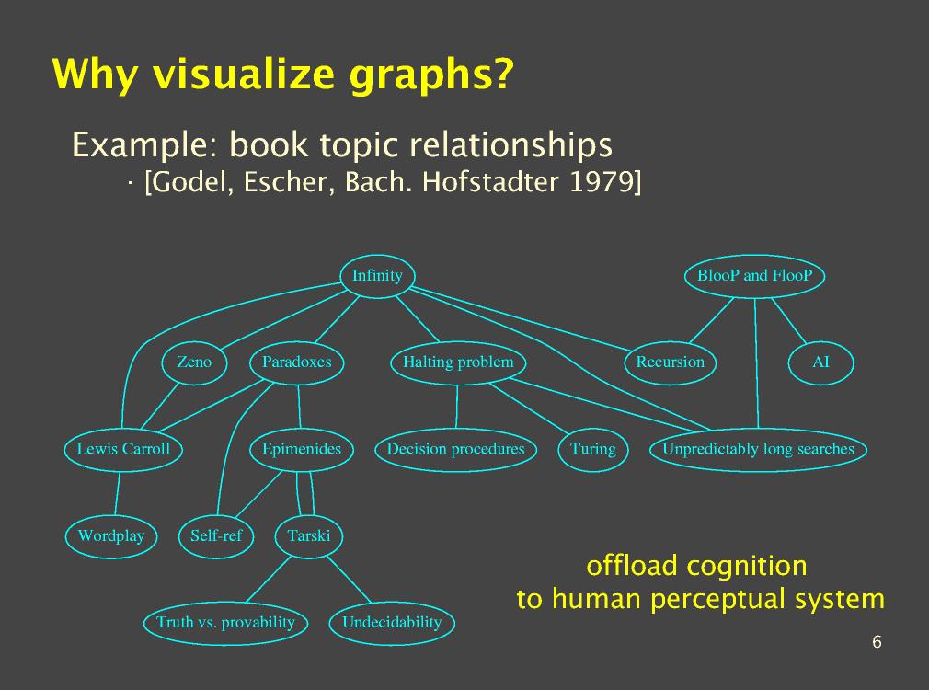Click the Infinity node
pyautogui.click(x=377, y=275)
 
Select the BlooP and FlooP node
pyautogui.click(x=754, y=275)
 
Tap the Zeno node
pyautogui.click(x=193, y=362)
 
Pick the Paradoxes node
pyautogui.click(x=296, y=362)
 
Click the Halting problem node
pyautogui.click(x=458, y=362)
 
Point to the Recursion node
pyautogui.click(x=670, y=362)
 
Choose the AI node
pyautogui.click(x=820, y=362)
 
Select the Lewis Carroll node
pyautogui.click(x=123, y=449)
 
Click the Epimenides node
pyautogui.click(x=301, y=449)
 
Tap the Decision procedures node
pyautogui.click(x=455, y=449)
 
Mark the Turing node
pyautogui.click(x=592, y=449)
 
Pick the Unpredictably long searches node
pyautogui.click(x=758, y=449)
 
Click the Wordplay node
pyautogui.click(x=111, y=535)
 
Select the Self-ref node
pyautogui.click(x=215, y=535)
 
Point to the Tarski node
pyautogui.click(x=308, y=535)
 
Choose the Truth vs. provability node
pyautogui.click(x=225, y=623)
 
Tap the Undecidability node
pyautogui.click(x=392, y=623)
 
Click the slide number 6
pyautogui.click(x=877, y=642)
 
